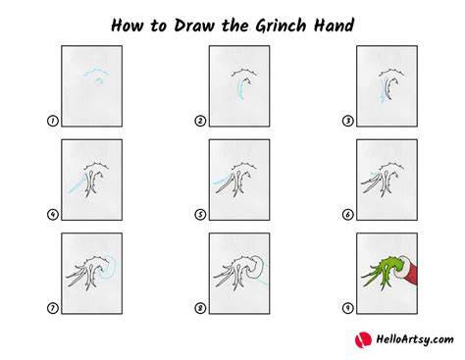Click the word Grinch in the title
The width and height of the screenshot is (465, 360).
(281, 26)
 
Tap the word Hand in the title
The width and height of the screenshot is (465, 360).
(334, 26)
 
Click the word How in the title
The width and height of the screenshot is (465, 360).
(128, 26)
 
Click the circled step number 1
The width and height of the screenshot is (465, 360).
(52, 121)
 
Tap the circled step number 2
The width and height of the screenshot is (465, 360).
(200, 121)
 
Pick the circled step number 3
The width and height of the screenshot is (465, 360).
(347, 121)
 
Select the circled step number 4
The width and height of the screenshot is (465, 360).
(52, 215)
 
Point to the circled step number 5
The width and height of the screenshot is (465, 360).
(200, 215)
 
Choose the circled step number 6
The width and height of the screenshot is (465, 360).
(347, 215)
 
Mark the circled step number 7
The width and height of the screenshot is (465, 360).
(52, 308)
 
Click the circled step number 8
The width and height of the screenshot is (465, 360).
(200, 308)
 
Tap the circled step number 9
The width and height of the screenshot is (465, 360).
(347, 308)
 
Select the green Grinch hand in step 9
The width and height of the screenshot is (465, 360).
(383, 272)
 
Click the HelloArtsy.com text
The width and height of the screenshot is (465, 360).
(415, 339)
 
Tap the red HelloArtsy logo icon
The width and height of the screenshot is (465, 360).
(363, 339)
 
